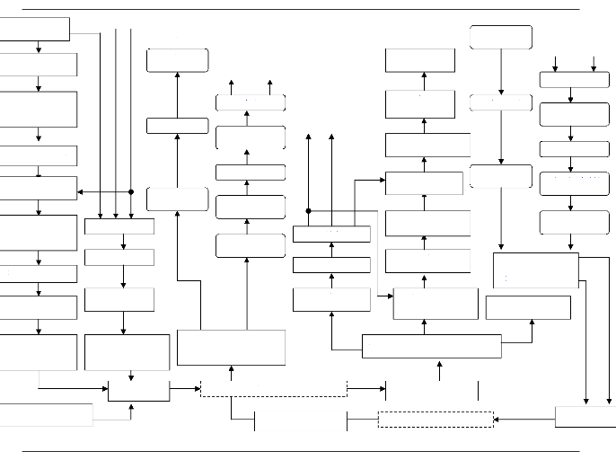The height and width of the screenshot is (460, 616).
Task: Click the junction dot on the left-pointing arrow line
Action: pyautogui.click(x=131, y=191)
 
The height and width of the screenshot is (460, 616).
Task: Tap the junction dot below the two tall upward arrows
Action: pyautogui.click(x=308, y=211)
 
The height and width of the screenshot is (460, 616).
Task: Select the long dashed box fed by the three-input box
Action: pyautogui.click(x=273, y=389)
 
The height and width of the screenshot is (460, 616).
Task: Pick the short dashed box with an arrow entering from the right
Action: pyautogui.click(x=436, y=419)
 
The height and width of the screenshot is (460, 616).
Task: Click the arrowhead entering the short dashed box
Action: pyautogui.click(x=497, y=419)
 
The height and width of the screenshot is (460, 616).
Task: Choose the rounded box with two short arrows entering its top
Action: pyautogui.click(x=574, y=79)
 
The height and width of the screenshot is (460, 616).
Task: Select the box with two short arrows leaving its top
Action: pyautogui.click(x=251, y=102)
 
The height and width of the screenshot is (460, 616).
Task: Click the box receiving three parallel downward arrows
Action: pyautogui.click(x=119, y=226)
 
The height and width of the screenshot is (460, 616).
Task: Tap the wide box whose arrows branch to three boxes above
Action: pyautogui.click(x=431, y=346)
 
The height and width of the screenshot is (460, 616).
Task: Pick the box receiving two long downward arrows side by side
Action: pyautogui.click(x=585, y=417)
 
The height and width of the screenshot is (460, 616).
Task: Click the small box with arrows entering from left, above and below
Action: pyautogui.click(x=138, y=389)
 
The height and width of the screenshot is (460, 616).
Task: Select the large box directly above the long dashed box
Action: pyautogui.click(x=231, y=348)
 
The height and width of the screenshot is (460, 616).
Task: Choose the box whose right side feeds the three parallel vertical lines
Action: pyautogui.click(x=35, y=29)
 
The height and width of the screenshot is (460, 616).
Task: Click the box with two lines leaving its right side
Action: pyautogui.click(x=535, y=270)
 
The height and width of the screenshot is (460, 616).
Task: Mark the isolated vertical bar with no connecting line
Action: pyautogui.click(x=479, y=390)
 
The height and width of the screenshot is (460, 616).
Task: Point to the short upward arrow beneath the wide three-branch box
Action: pyautogui.click(x=439, y=369)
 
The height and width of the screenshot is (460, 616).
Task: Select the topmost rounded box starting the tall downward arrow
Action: pyautogui.click(x=500, y=37)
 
